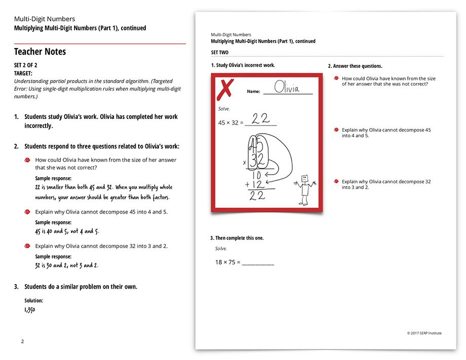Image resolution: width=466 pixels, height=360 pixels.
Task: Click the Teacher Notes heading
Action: coord(40,52)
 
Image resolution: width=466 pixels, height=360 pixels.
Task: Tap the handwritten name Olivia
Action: coord(287,88)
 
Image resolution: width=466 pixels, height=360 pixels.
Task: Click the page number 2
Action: coord(22,341)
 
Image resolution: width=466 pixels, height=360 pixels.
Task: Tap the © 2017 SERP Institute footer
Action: coord(424,333)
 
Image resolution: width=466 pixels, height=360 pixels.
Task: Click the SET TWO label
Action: coord(220,53)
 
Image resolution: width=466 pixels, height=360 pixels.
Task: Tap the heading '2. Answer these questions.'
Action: coord(355,66)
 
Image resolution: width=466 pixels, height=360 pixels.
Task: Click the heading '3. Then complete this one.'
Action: coord(237,238)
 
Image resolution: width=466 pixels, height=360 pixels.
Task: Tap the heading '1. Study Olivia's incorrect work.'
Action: coord(243,65)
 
